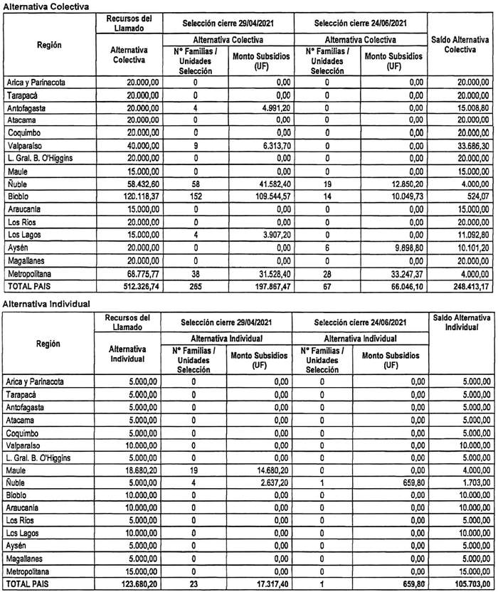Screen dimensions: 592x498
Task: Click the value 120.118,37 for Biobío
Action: tap(129, 195)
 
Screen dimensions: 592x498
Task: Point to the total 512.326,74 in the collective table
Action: tap(129, 285)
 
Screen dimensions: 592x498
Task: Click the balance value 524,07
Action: tap(470, 195)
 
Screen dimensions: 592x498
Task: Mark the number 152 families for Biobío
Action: tap(194, 195)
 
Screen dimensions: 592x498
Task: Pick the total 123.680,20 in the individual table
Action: tap(129, 585)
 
